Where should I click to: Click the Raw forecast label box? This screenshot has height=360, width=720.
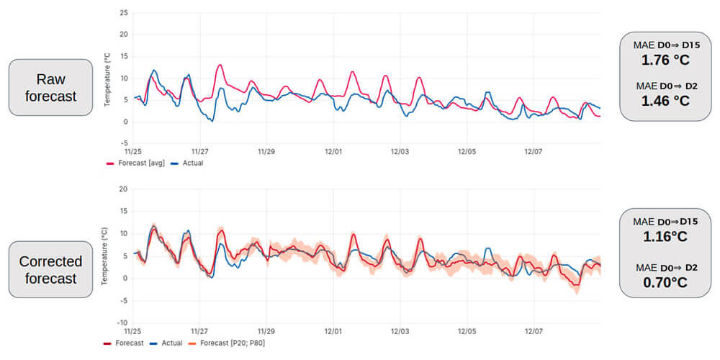pyautogui.click(x=50, y=87)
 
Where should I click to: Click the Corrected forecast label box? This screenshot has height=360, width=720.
pyautogui.click(x=50, y=269)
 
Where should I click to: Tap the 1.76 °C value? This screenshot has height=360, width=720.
pyautogui.click(x=665, y=60)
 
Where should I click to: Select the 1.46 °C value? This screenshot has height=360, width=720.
pyautogui.click(x=665, y=101)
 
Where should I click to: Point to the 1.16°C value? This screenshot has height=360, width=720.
pyautogui.click(x=665, y=236)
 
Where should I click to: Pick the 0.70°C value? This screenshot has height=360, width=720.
pyautogui.click(x=665, y=282)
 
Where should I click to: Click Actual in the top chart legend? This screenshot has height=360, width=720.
pyautogui.click(x=187, y=163)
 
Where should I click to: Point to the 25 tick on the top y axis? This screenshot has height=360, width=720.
pyautogui.click(x=123, y=12)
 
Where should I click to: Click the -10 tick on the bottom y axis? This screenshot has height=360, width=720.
pyautogui.click(x=122, y=323)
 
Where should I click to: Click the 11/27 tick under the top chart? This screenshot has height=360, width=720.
pyautogui.click(x=199, y=151)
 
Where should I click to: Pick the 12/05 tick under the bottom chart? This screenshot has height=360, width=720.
pyautogui.click(x=467, y=331)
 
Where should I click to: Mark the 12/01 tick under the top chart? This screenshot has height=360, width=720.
pyautogui.click(x=333, y=151)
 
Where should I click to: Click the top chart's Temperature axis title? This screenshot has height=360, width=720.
pyautogui.click(x=107, y=78)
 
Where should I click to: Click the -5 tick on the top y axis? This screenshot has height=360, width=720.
pyautogui.click(x=124, y=144)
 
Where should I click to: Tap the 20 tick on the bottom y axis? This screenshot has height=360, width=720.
pyautogui.click(x=123, y=189)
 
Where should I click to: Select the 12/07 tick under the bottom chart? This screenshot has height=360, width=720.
pyautogui.click(x=534, y=331)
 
